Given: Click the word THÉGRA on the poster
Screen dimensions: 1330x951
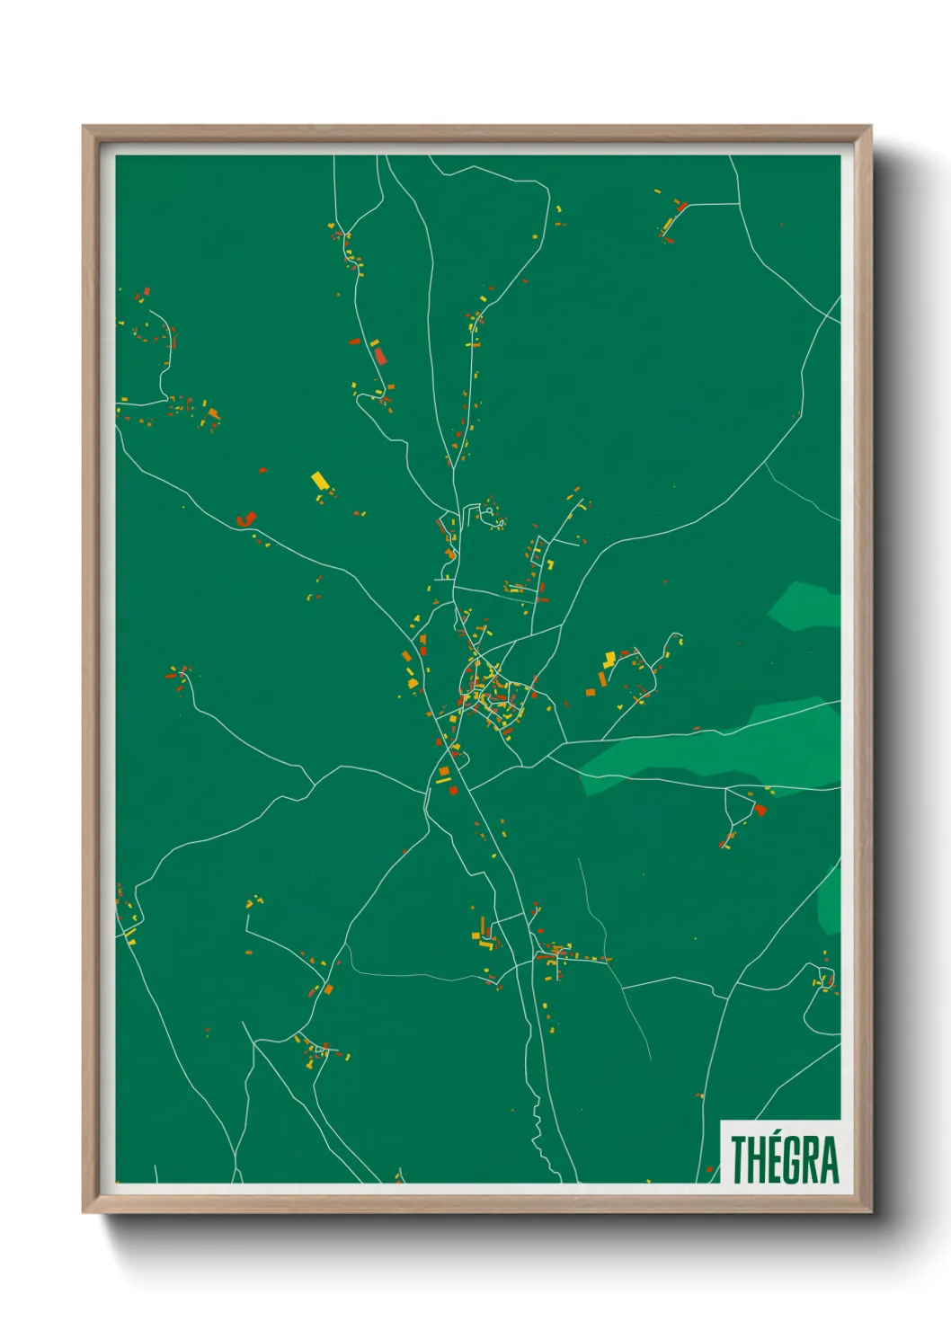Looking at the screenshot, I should [784, 1159].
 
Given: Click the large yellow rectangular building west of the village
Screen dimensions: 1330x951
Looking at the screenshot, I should [319, 480].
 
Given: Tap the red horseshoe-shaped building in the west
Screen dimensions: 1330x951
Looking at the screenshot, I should [245, 519].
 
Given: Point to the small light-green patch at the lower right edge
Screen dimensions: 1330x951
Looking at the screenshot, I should [830, 899].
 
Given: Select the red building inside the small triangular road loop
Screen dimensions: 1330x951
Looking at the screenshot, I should [759, 810].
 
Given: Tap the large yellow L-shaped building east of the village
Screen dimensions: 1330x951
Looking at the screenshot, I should [609, 660].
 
